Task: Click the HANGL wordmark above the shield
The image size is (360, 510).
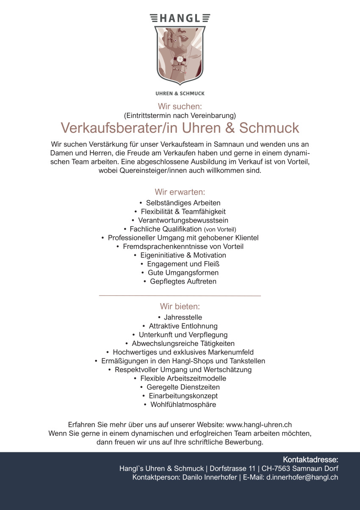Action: coord(180,18)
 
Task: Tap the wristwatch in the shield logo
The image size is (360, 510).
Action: coord(180,59)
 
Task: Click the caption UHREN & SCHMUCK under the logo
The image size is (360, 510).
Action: coord(180,93)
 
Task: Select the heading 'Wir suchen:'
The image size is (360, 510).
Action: coord(180,106)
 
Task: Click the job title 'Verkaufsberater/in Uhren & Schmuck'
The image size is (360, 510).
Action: coord(180,128)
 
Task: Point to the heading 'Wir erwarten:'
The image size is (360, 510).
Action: coord(180,192)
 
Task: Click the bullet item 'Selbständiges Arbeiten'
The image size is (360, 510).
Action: coord(183,203)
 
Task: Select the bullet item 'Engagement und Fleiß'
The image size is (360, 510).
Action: coord(183,264)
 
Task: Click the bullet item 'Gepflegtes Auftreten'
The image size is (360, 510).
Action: coord(183,281)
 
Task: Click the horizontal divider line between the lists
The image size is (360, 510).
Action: coord(180,295)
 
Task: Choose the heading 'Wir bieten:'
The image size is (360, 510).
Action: coord(180,306)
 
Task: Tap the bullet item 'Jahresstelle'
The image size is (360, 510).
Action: coord(183,317)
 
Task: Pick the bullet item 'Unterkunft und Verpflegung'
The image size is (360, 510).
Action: coord(183,334)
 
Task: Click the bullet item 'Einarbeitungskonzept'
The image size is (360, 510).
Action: coord(183,396)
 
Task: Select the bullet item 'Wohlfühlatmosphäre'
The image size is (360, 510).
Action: coord(183,404)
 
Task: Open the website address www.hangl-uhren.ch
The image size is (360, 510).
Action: coord(259,424)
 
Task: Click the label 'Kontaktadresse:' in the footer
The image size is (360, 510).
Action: coord(310,460)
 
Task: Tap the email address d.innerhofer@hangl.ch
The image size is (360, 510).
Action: coord(302,477)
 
